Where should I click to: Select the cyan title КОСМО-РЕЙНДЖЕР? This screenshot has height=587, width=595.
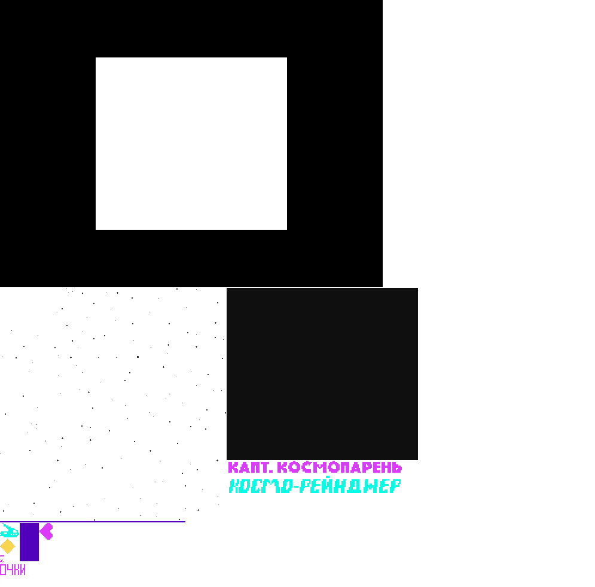point(315,486)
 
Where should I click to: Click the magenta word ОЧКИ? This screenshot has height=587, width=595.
point(13,570)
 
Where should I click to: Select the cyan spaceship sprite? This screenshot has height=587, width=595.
point(10,531)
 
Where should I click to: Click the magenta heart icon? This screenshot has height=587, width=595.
point(47,531)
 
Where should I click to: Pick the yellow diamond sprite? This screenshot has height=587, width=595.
point(7,546)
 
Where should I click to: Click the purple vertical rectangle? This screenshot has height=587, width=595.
point(29,542)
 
